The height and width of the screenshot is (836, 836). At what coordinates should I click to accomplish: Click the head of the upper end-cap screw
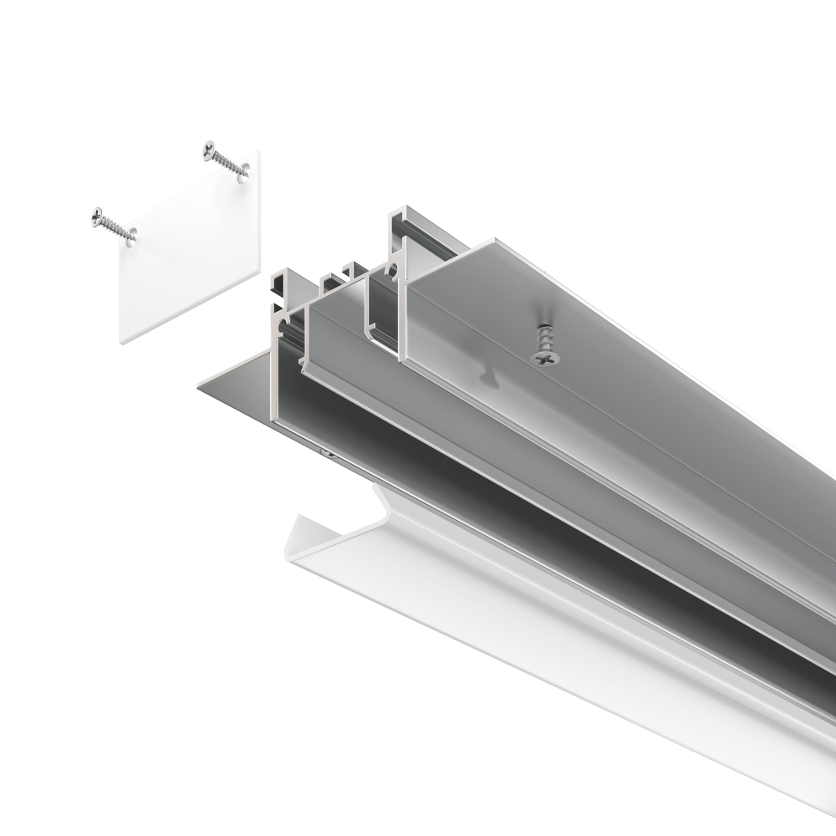tap(208, 150)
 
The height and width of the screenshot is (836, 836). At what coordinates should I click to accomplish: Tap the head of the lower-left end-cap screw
tap(97, 215)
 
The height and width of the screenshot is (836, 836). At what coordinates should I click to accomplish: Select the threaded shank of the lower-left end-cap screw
tap(117, 227)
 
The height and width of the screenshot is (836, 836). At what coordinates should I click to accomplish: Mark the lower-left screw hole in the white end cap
tap(130, 238)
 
